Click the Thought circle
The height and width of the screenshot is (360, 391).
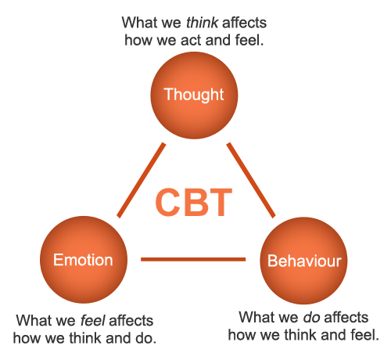click(194, 95)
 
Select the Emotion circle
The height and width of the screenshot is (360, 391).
click(84, 260)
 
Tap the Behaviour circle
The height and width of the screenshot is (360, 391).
click(303, 261)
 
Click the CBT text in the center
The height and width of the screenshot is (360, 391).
click(194, 203)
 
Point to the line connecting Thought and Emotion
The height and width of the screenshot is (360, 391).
click(142, 180)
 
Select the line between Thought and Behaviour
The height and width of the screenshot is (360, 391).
click(251, 180)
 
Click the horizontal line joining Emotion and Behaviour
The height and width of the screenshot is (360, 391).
click(193, 259)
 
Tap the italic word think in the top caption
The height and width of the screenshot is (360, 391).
click(203, 23)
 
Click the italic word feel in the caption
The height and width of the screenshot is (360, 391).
click(93, 320)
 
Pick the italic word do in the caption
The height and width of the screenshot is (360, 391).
click(311, 317)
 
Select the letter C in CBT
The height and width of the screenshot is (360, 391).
click(168, 203)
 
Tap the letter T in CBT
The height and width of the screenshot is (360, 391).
click(220, 203)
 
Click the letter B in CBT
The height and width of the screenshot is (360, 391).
click(195, 203)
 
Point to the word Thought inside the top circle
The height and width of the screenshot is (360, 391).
click(194, 95)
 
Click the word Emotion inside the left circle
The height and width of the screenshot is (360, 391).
click(83, 260)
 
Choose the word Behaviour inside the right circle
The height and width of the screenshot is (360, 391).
click(304, 261)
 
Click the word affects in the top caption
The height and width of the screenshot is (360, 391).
click(245, 23)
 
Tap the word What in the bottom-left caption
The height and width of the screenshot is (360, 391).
click(33, 320)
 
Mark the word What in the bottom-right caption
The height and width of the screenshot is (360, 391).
click(256, 317)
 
